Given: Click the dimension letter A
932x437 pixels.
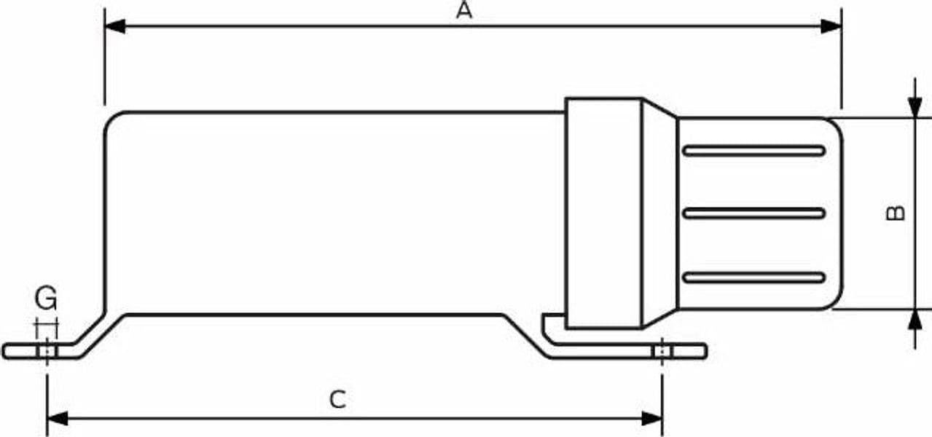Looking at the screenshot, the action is click(464, 10).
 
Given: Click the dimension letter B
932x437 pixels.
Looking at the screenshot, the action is click(895, 213).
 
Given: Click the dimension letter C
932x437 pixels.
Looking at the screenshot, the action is click(337, 400).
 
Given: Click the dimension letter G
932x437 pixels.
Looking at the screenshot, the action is click(46, 298).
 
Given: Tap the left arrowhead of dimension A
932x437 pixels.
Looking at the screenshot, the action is click(115, 26).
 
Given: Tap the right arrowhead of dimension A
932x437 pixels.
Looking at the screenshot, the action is click(831, 26).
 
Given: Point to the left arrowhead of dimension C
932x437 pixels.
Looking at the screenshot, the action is click(58, 419).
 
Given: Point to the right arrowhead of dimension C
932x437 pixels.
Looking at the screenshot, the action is click(652, 419).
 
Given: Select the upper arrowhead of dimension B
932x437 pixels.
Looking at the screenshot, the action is click(915, 108).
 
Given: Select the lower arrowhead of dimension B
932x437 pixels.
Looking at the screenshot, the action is click(915, 320).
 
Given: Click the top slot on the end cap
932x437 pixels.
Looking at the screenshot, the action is click(754, 151).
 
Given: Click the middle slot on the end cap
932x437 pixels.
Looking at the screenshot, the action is click(754, 213).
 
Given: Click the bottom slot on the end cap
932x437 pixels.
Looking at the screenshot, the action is click(754, 277).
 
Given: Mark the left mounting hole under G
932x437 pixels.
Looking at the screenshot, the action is click(47, 351).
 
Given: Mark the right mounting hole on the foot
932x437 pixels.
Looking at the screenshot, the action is click(662, 351).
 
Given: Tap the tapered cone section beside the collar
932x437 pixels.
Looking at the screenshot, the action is click(659, 213).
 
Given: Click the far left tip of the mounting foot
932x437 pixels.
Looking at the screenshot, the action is click(3, 351).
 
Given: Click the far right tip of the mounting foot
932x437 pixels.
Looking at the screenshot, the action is click(706, 351).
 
